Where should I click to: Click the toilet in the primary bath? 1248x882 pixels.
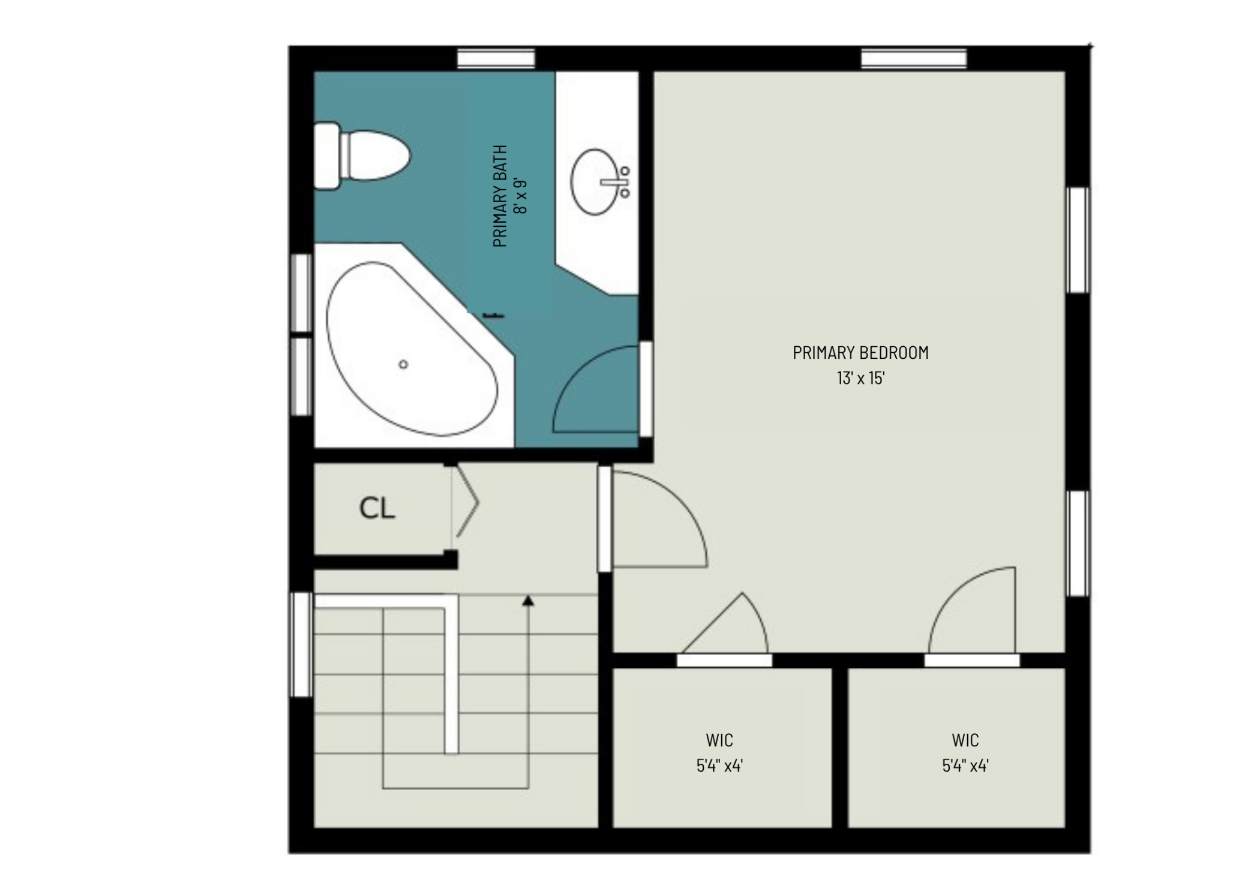tap(362, 156)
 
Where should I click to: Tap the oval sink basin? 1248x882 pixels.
tap(594, 182)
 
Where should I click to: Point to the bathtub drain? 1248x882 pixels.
tap(403, 364)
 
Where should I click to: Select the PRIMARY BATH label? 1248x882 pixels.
tap(500, 196)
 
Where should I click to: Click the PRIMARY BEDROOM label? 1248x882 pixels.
tap(860, 353)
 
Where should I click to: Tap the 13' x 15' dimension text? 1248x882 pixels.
tap(861, 378)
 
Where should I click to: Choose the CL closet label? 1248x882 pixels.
tap(377, 509)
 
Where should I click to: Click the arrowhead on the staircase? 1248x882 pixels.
tap(528, 600)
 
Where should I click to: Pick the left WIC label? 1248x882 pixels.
tap(719, 740)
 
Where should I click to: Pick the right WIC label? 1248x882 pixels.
tap(965, 740)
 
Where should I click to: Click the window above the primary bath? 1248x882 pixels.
tap(496, 59)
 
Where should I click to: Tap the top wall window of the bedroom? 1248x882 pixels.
tap(914, 59)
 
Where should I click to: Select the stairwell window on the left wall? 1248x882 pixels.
tap(301, 645)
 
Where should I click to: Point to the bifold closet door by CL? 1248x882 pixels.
tap(466, 502)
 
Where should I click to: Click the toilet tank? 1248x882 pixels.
tap(327, 156)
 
